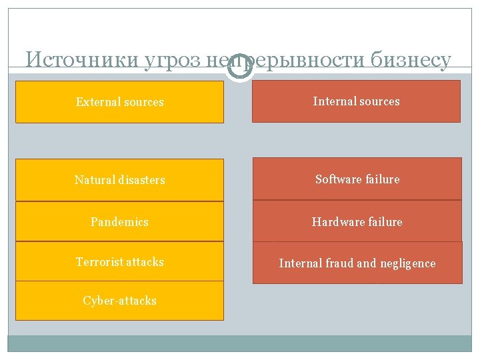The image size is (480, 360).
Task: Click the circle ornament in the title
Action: pyautogui.click(x=240, y=68)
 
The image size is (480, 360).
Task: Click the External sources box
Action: pyautogui.click(x=119, y=102)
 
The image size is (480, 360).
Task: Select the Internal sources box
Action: pyautogui.click(x=356, y=101)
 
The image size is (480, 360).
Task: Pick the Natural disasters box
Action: pyautogui.click(x=119, y=180)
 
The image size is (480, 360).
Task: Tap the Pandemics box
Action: pyautogui.click(x=119, y=221)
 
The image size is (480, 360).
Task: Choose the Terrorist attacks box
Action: pyautogui.click(x=119, y=261)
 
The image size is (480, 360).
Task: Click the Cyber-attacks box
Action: pyautogui.click(x=119, y=301)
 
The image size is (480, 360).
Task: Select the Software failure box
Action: pyautogui.click(x=357, y=179)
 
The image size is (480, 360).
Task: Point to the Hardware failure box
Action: pyautogui.click(x=357, y=221)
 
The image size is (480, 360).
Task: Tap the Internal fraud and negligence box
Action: pyautogui.click(x=357, y=263)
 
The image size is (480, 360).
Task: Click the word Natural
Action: pyautogui.click(x=92, y=180)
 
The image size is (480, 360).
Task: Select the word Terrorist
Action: pyautogui.click(x=97, y=261)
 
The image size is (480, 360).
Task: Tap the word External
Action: pyautogui.click(x=97, y=102)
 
